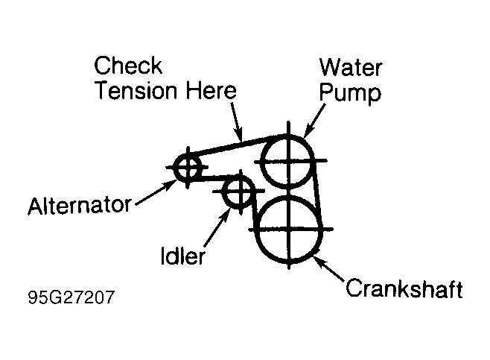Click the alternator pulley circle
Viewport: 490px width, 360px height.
click(x=186, y=168)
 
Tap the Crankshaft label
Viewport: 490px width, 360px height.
click(x=404, y=288)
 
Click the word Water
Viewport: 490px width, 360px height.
click(x=350, y=67)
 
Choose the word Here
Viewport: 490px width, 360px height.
click(x=211, y=91)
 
